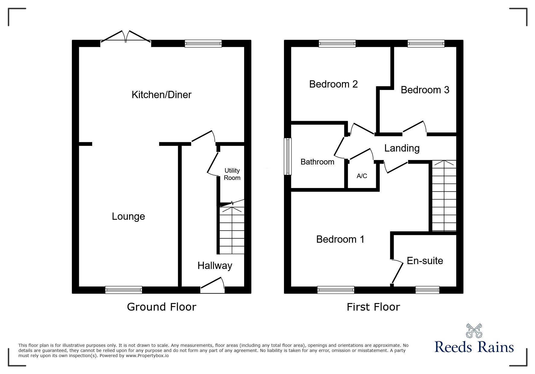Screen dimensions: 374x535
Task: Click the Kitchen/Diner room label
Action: click(x=161, y=95)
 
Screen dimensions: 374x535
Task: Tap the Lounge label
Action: click(x=128, y=216)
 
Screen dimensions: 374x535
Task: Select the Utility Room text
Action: click(x=232, y=174)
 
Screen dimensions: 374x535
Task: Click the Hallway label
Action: click(x=215, y=266)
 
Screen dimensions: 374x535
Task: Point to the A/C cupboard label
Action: click(x=362, y=176)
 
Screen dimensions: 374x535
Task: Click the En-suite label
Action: click(x=425, y=261)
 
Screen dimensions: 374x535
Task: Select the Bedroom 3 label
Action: click(x=425, y=90)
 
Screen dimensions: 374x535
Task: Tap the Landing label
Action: click(x=402, y=148)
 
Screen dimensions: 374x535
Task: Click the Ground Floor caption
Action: click(x=161, y=307)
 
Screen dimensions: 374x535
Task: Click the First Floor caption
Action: click(x=373, y=307)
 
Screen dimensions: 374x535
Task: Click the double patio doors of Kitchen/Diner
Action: click(x=126, y=38)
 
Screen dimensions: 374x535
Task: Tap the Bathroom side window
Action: click(x=288, y=156)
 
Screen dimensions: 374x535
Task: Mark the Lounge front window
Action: click(x=124, y=290)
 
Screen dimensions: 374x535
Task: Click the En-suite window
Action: click(x=427, y=290)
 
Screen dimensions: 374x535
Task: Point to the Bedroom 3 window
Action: click(x=426, y=44)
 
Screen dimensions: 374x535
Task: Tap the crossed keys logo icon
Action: click(x=474, y=331)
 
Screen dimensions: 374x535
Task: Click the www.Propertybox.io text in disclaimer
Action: click(x=147, y=356)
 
